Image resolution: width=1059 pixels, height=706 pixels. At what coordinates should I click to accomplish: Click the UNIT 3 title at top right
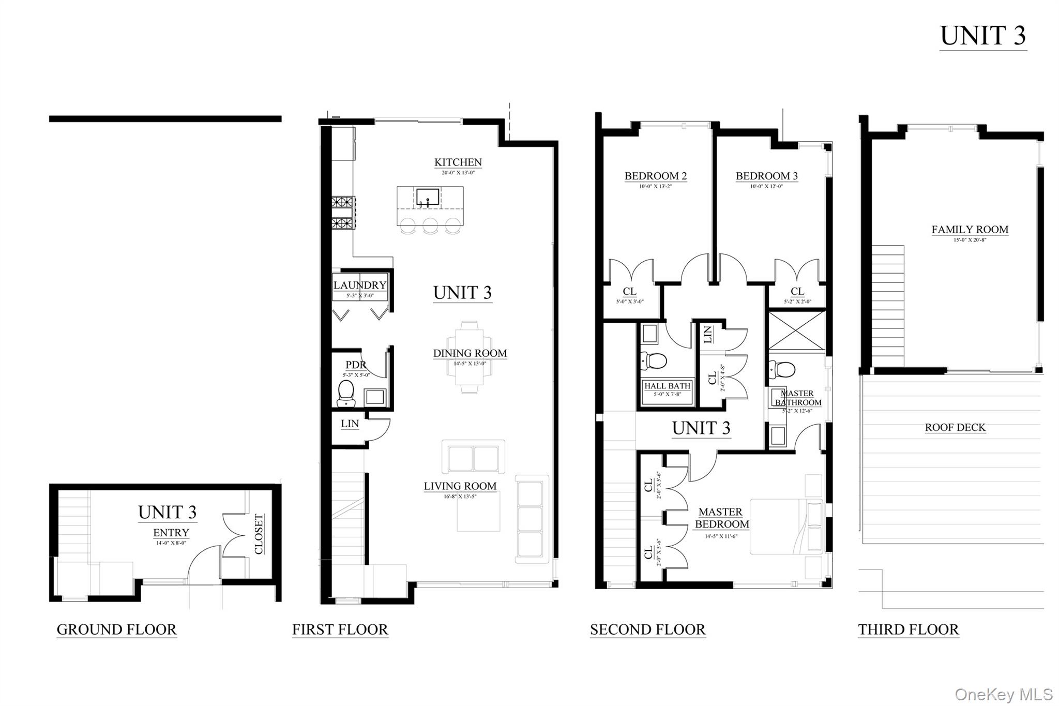pyautogui.click(x=982, y=36)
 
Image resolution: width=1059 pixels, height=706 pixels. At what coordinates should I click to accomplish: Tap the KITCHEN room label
pyautogui.click(x=458, y=162)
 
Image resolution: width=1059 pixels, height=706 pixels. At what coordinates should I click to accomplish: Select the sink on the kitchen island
pyautogui.click(x=428, y=198)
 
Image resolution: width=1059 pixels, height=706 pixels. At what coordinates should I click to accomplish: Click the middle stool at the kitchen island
pyautogui.click(x=430, y=226)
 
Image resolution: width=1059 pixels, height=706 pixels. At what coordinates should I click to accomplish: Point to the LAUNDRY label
pyautogui.click(x=360, y=285)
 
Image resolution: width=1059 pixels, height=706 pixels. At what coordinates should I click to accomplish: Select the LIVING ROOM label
pyautogui.click(x=460, y=486)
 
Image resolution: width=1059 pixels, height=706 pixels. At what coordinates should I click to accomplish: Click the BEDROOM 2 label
pyautogui.click(x=655, y=176)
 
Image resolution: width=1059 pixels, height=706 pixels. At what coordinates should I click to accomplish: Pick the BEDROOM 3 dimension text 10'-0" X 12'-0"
pyautogui.click(x=766, y=186)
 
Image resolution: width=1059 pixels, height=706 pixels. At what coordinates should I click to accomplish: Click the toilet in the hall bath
pyautogui.click(x=654, y=360)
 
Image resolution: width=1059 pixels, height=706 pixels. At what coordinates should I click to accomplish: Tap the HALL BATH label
pyautogui.click(x=667, y=386)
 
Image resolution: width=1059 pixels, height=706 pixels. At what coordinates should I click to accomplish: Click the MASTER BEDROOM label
pyautogui.click(x=721, y=518)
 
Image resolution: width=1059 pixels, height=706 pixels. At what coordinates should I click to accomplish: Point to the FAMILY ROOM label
pyautogui.click(x=970, y=230)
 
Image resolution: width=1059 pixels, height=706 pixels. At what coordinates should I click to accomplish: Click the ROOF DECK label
pyautogui.click(x=955, y=427)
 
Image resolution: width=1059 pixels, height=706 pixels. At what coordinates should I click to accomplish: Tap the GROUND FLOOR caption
pyautogui.click(x=116, y=629)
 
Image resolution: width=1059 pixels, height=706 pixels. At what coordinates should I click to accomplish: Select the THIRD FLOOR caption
pyautogui.click(x=908, y=629)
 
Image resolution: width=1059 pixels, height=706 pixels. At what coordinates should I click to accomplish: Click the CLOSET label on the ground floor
pyautogui.click(x=259, y=533)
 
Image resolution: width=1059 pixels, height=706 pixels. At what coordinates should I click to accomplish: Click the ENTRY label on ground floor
pyautogui.click(x=171, y=533)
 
